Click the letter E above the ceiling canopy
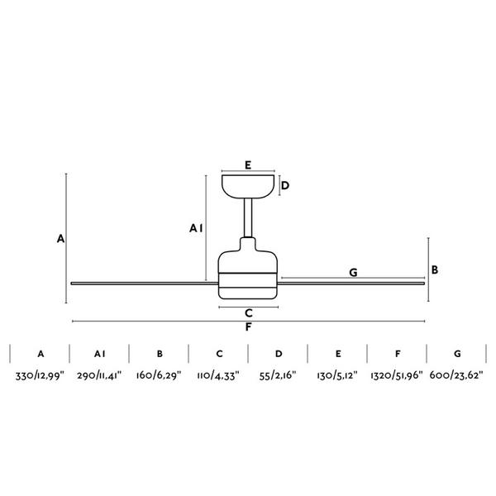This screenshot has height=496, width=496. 248,165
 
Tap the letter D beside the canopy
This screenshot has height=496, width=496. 285,185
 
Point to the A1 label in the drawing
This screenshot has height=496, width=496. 196,228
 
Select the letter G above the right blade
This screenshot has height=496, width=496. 353,272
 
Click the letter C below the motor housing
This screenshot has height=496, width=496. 249,313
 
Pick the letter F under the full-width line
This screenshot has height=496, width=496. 248,327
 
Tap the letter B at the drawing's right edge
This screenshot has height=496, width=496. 435,269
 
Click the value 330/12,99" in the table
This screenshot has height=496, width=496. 40,376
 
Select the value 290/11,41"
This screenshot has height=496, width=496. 99,376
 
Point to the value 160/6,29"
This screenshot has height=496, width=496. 159,376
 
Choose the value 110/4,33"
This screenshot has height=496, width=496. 218,376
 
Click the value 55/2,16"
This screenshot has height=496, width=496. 278,376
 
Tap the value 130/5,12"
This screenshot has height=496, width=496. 337,376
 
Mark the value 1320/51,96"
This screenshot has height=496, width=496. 397,376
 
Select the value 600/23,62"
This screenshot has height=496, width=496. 456,376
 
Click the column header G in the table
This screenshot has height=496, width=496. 457,354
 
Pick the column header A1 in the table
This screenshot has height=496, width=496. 100,354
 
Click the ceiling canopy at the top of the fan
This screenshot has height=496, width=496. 248,187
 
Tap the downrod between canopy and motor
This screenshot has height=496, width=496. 248,218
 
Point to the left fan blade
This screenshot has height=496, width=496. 145,284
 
